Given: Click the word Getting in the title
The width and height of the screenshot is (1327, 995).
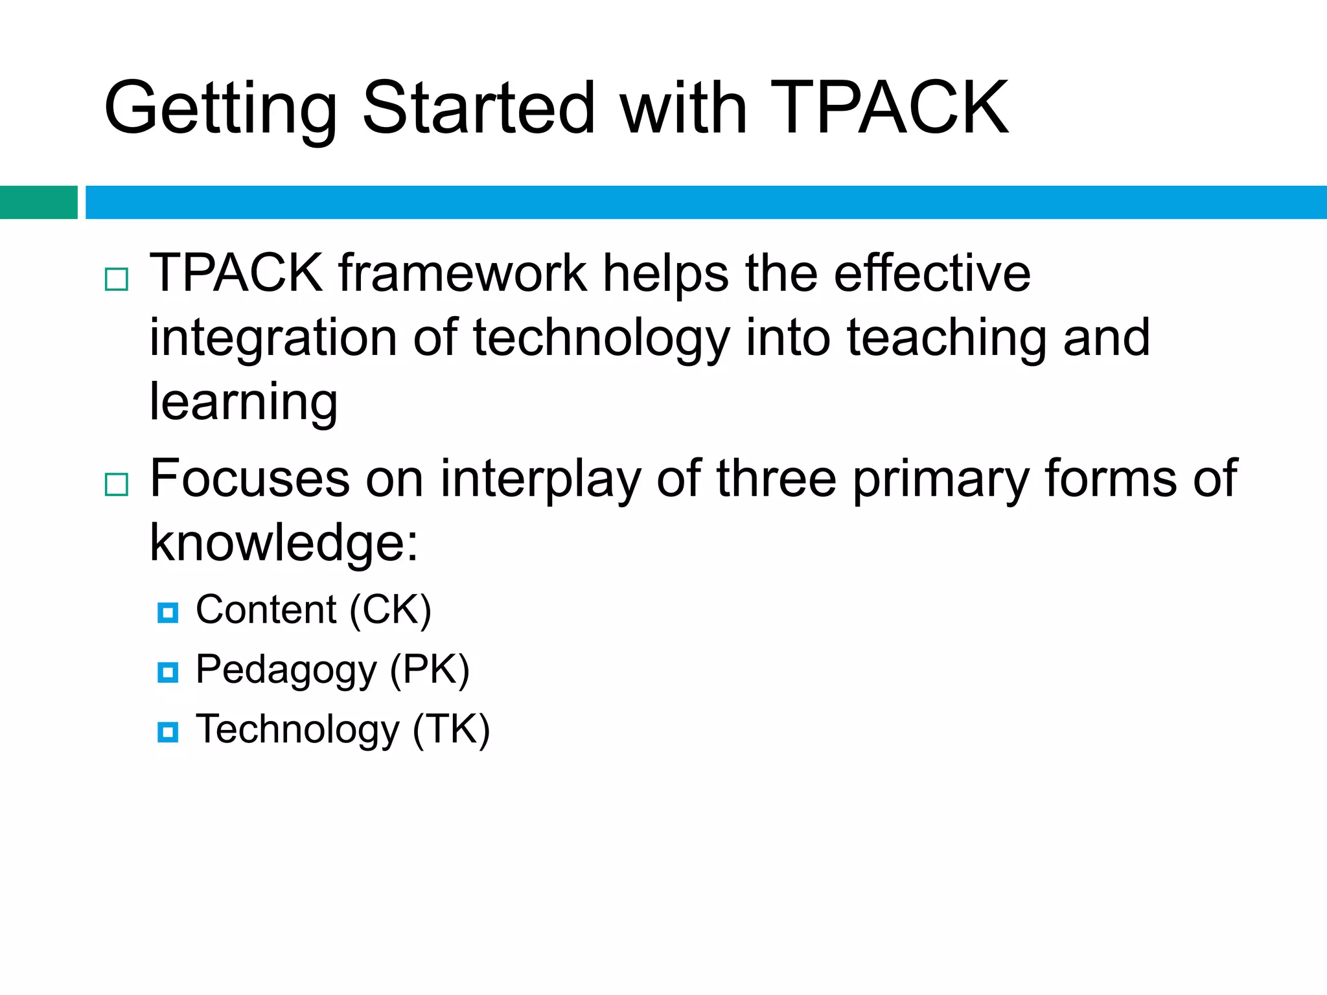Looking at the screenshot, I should click(220, 109).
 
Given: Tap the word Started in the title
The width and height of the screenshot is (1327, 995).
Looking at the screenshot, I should click(478, 108).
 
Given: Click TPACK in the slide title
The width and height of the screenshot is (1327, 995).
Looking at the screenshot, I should click(889, 108).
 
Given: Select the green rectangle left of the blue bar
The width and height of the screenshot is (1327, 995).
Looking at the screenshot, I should click(38, 202).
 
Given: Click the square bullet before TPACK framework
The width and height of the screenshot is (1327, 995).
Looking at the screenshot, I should click(117, 279).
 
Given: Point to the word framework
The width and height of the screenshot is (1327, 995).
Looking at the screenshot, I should click(462, 273).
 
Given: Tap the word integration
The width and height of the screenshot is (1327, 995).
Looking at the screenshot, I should click(273, 338).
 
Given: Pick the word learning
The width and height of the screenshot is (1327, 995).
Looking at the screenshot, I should click(244, 402).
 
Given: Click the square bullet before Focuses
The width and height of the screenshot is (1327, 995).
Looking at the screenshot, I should click(117, 484).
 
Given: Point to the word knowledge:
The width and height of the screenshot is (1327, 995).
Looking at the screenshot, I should click(284, 543).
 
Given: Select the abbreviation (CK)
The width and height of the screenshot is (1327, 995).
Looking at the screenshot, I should click(390, 610).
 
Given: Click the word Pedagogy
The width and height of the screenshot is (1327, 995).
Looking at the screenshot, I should click(286, 670).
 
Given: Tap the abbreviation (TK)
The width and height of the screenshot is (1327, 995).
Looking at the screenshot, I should click(451, 729).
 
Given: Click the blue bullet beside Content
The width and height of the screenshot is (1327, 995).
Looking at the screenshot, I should click(168, 612).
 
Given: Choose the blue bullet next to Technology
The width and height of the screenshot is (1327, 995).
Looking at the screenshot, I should click(168, 732).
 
